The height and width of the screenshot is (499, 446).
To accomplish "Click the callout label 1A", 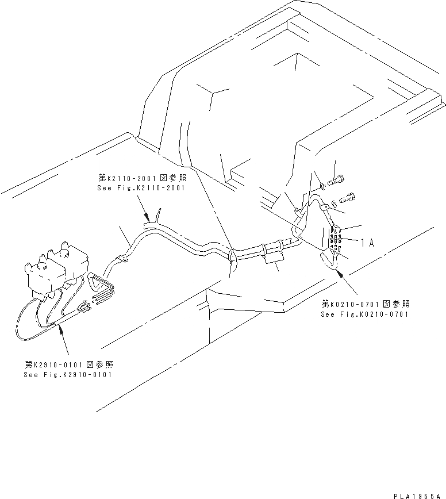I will click(x=368, y=243).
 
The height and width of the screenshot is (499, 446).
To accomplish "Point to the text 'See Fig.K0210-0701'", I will click(x=365, y=314).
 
